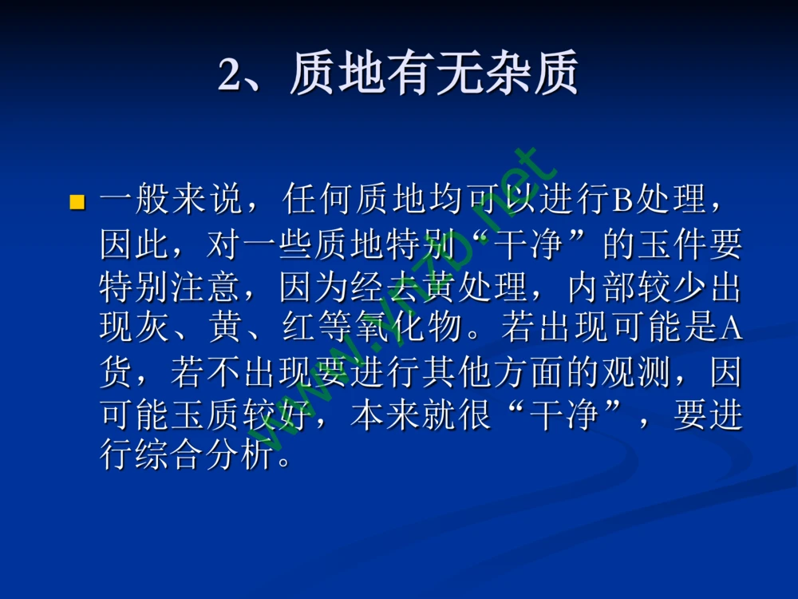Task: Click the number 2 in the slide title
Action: [x=231, y=77]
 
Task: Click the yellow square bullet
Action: [x=77, y=201]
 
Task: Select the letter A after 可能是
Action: [x=731, y=328]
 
